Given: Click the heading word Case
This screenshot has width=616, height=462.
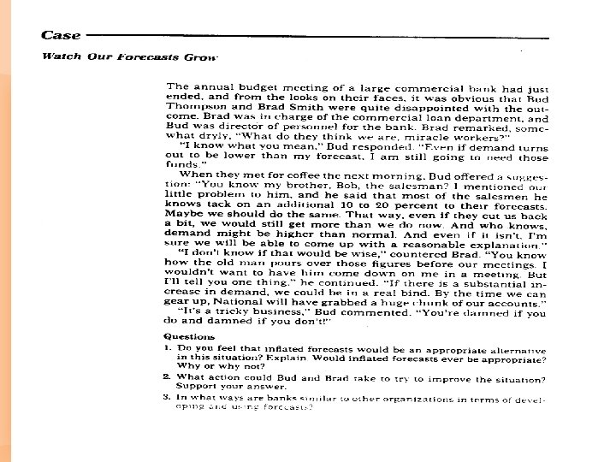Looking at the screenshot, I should click(x=62, y=35).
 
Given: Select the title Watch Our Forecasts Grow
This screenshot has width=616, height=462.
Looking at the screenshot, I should click(x=130, y=56).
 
